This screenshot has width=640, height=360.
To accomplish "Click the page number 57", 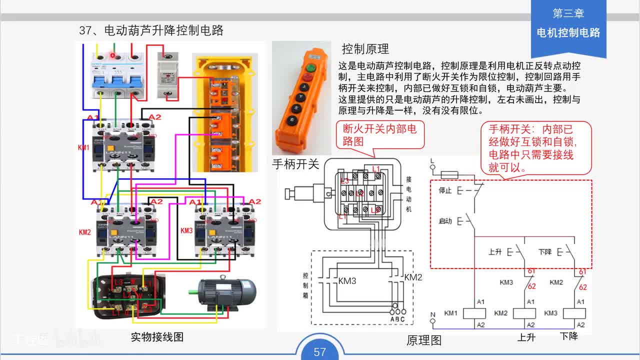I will [320, 352].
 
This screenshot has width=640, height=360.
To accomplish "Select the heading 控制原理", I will [365, 49].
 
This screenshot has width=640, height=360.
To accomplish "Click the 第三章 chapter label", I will [568, 13].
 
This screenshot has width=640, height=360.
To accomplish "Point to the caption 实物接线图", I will [157, 337].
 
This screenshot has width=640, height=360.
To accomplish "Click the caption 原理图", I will [424, 340].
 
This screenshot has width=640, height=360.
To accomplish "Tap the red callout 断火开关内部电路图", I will [379, 135].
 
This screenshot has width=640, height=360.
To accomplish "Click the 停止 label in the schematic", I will [445, 190].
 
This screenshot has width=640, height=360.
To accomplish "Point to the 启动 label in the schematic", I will [445, 221].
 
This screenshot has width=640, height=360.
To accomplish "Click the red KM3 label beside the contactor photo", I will [186, 230].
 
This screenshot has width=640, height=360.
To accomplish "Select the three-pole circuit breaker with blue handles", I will [116, 75].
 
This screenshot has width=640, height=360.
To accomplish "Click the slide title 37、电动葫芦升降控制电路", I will [151, 30].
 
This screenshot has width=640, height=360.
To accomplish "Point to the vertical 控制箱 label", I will [305, 285].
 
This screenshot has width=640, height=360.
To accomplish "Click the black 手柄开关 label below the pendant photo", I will [295, 163].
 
